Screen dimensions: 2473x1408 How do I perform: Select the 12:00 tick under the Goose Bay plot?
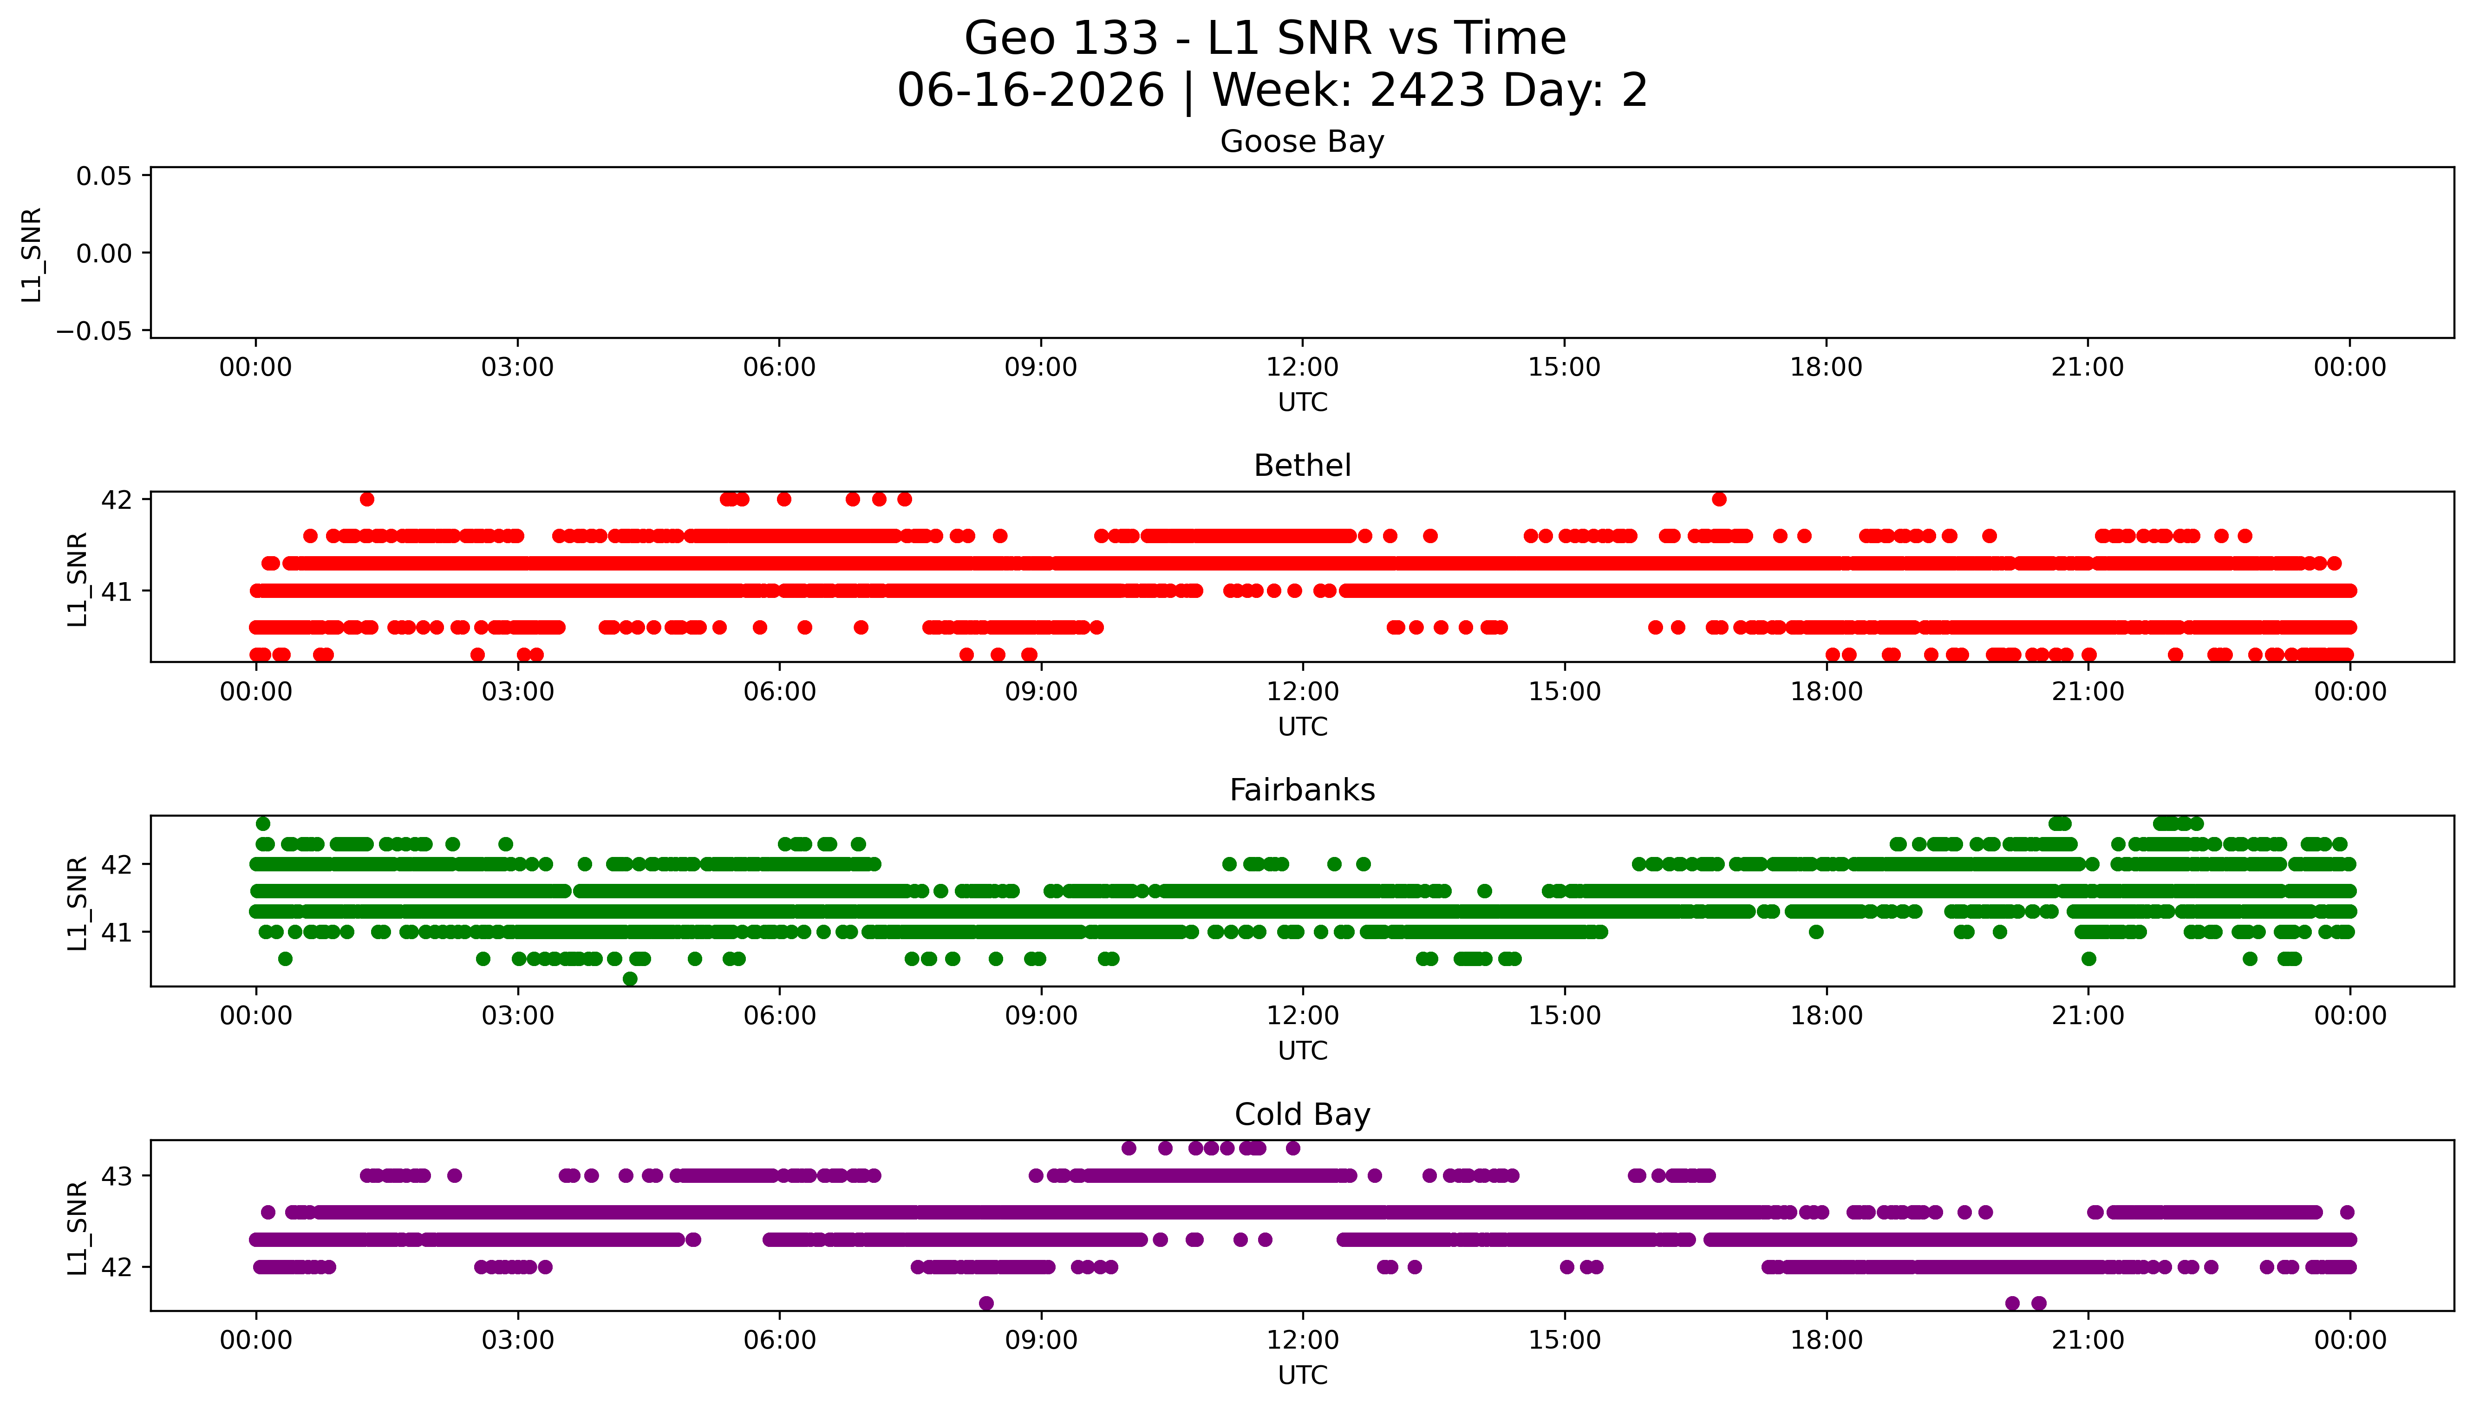click(x=1302, y=368)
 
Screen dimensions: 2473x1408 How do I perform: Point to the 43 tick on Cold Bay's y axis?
click(x=116, y=1176)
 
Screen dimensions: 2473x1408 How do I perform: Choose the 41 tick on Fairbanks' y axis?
click(x=116, y=932)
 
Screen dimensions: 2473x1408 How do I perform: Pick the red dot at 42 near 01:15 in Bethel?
click(x=366, y=499)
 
